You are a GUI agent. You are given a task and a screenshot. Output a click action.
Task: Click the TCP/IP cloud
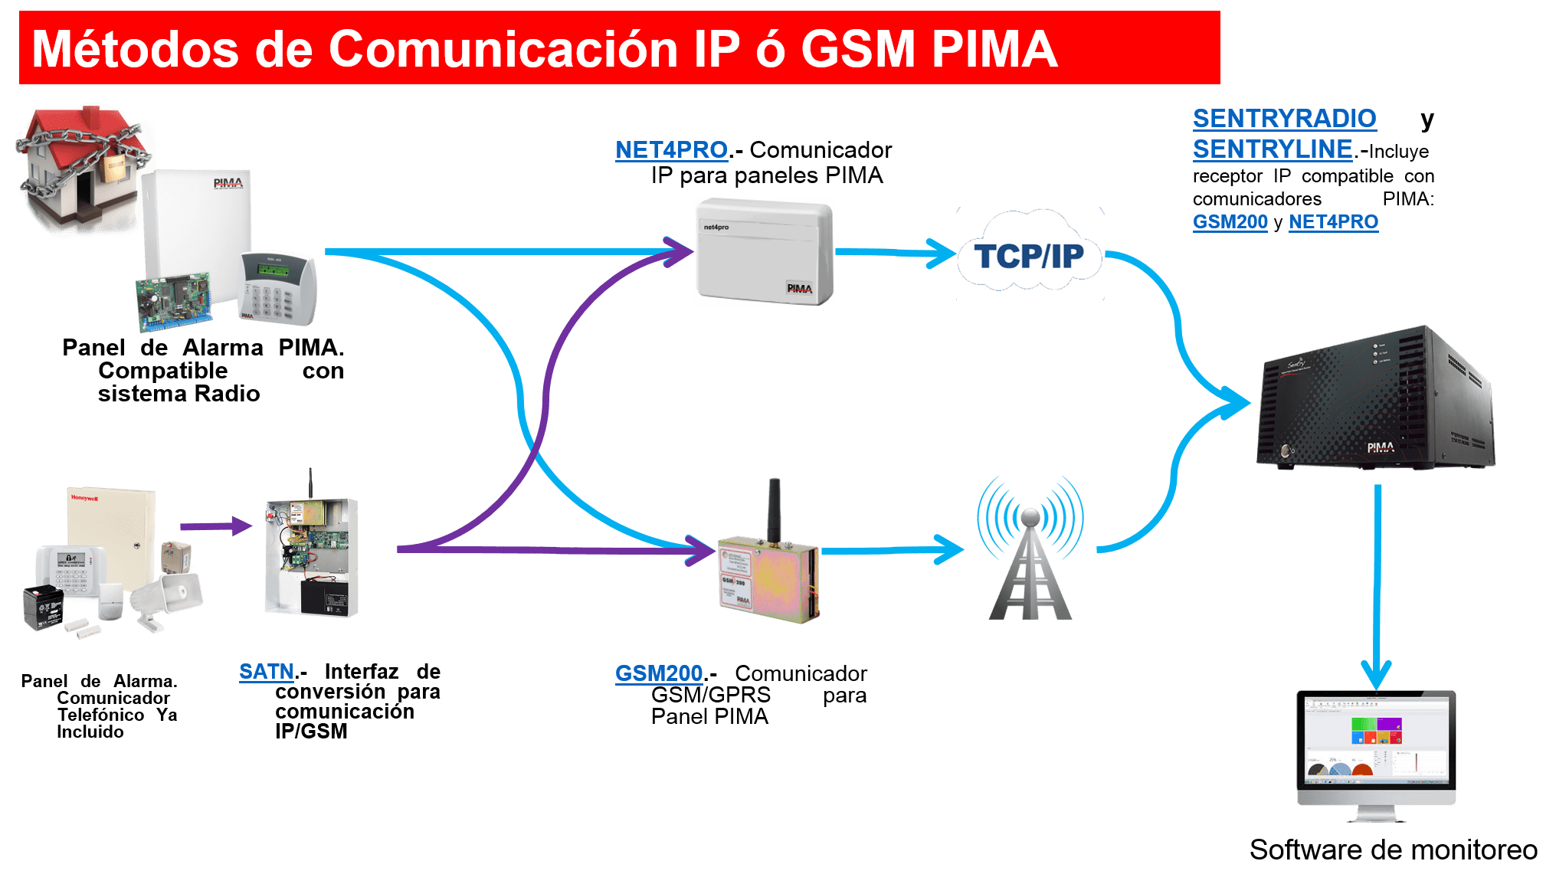1029,256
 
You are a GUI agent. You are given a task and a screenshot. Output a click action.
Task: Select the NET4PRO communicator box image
764,251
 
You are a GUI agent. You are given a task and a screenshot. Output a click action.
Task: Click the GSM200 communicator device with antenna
768,575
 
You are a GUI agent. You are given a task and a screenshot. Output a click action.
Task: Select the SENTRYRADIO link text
1284,119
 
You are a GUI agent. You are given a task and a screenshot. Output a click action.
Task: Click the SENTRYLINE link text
1272,149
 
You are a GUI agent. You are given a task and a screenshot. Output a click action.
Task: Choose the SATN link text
266,672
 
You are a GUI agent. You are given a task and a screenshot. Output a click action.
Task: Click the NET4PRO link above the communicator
671,150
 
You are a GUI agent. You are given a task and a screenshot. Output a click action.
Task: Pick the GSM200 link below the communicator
659,673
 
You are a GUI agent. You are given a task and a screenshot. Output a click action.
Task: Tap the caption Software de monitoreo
1393,850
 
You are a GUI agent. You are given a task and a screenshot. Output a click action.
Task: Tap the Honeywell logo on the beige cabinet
84,498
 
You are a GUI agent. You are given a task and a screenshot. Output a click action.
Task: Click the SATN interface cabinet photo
310,548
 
